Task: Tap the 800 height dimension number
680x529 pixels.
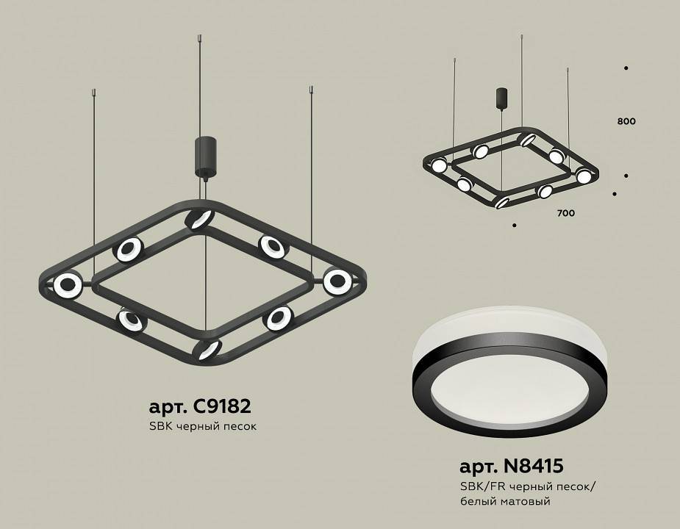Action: (626, 121)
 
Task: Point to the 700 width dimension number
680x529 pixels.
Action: (565, 214)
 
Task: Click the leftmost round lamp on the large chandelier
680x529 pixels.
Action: (67, 285)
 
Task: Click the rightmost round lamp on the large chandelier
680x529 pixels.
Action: (337, 280)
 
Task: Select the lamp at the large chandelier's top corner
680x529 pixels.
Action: (199, 218)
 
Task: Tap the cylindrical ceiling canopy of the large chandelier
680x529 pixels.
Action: (202, 156)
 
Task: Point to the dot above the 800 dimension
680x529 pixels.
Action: (626, 68)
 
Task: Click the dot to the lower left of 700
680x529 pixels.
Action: (515, 224)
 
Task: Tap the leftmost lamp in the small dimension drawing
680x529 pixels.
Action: (439, 165)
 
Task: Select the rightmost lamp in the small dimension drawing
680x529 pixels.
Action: (583, 176)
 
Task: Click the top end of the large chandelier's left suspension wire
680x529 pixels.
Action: (94, 92)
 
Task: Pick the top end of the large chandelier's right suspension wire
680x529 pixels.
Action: (312, 90)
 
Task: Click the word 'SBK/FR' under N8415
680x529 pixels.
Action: (477, 486)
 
